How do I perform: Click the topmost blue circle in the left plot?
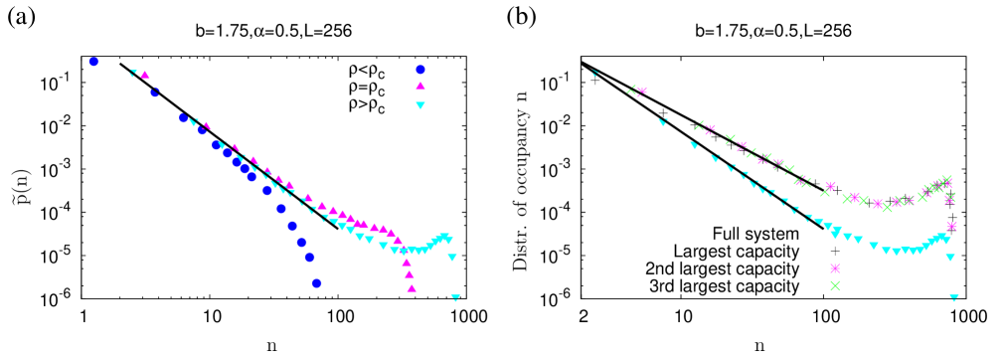93,62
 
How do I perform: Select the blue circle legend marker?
420,70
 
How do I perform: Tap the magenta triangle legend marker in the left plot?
420,87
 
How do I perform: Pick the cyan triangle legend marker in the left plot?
420,105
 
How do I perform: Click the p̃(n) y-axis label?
19,179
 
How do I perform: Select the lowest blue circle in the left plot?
316,283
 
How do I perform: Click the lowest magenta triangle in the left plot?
412,288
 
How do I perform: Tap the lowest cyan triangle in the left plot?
455,297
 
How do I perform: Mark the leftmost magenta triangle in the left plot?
145,75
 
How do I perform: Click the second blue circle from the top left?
155,92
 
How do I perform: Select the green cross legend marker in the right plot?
835,286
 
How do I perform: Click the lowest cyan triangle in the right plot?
954,297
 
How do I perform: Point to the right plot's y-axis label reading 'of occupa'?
518,175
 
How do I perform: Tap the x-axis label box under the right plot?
769,341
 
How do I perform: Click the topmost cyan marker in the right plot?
594,73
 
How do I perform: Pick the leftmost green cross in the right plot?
631,90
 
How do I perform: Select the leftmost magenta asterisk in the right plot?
642,91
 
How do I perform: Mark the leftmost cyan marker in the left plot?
133,73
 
